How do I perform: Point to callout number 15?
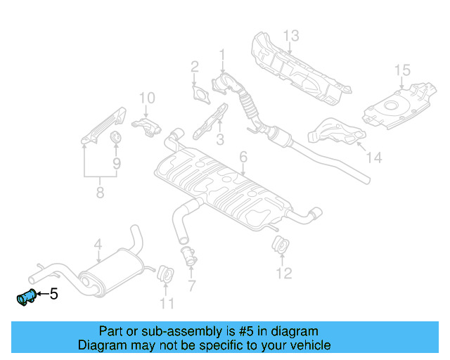(x=401, y=70)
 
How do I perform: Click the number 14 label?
(x=373, y=158)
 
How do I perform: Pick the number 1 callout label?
(x=222, y=54)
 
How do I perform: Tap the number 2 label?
(x=194, y=67)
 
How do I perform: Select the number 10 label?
(x=146, y=98)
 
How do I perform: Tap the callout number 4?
(x=98, y=244)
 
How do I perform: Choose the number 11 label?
(x=166, y=304)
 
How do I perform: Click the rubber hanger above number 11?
(x=167, y=273)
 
